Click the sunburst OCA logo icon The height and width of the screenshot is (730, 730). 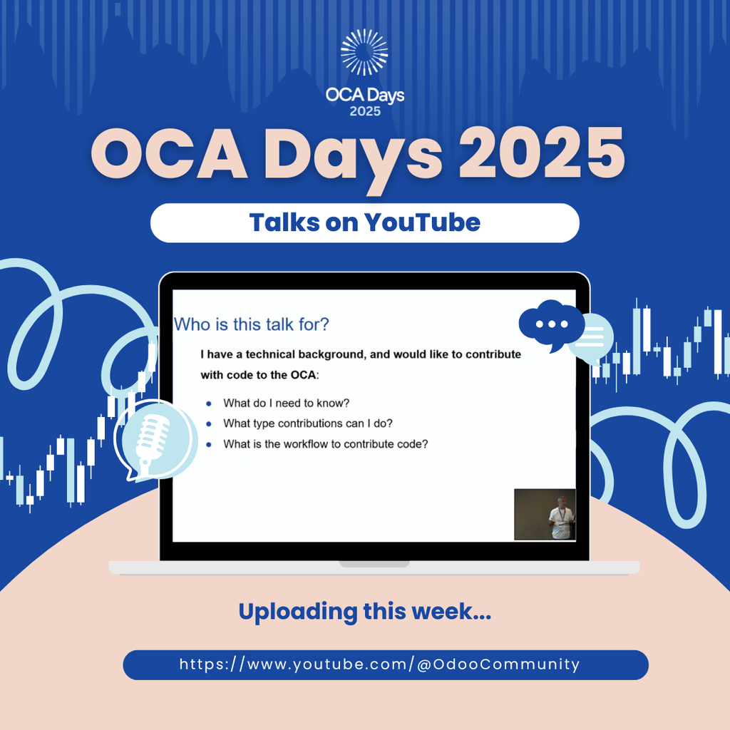point(364,52)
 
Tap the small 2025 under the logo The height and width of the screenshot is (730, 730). point(365,111)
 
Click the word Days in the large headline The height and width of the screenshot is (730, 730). point(353,156)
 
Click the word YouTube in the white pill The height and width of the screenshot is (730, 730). point(422,222)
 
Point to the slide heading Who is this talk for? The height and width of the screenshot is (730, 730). point(252,324)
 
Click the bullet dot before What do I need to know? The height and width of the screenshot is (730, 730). point(209,403)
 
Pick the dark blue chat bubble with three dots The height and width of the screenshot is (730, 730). point(551,324)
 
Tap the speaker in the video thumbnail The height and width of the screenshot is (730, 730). point(562,518)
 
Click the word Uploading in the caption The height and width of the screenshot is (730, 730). point(298,612)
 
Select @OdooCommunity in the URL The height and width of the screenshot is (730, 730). point(498,664)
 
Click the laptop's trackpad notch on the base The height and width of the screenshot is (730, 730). point(374,564)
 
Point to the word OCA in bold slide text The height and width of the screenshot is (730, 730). point(303,375)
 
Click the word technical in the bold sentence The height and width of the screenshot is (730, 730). point(270,355)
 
